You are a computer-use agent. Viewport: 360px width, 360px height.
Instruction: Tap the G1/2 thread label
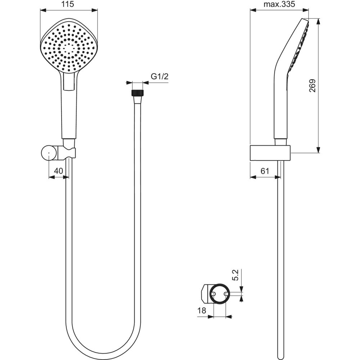tap(159, 77)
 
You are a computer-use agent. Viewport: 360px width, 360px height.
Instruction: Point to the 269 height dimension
tap(312, 86)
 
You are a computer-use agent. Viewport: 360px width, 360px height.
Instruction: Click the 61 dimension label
tap(265, 171)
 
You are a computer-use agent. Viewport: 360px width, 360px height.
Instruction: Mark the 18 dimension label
tap(202, 311)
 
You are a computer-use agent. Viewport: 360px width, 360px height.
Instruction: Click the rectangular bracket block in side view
tap(270, 153)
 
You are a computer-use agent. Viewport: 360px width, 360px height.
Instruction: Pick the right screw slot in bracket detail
tap(226, 294)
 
